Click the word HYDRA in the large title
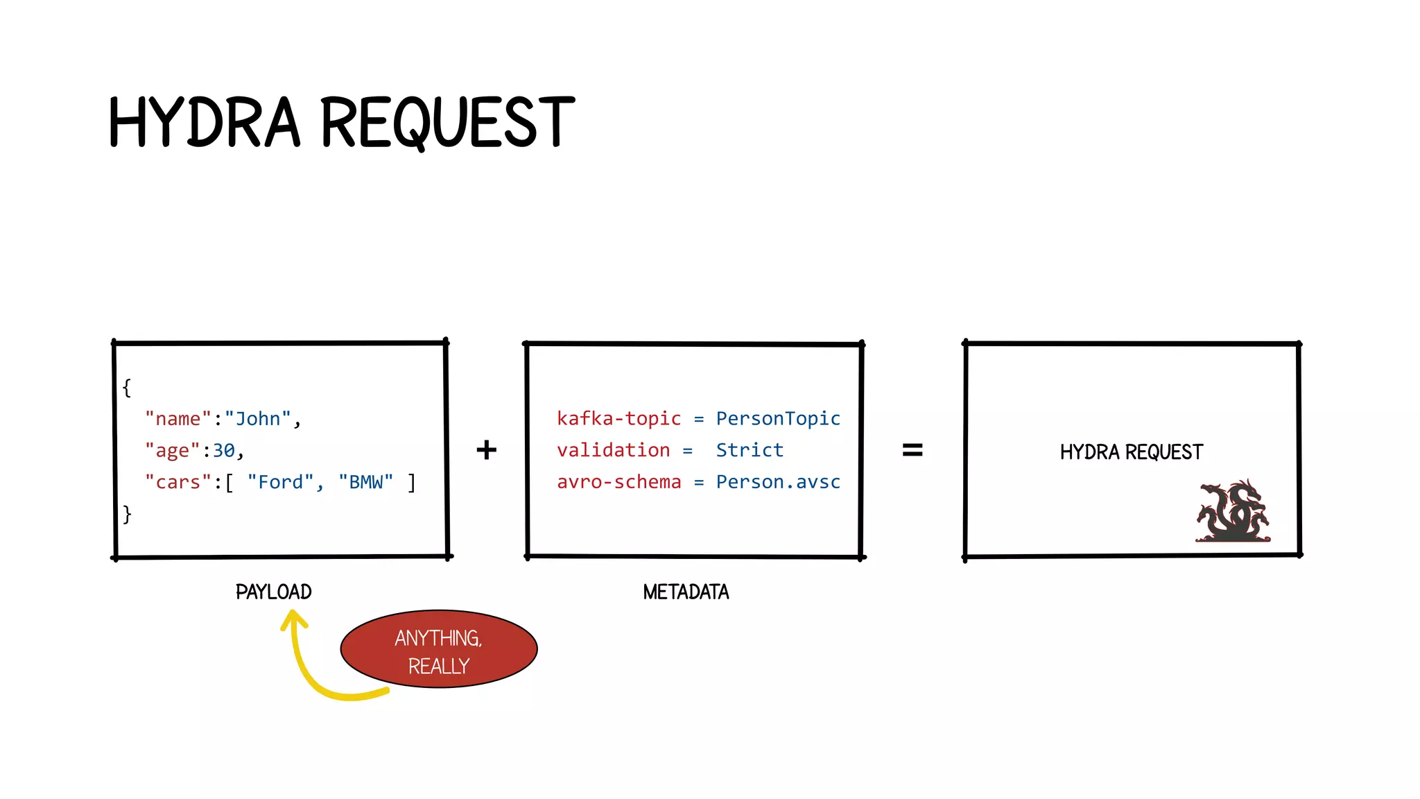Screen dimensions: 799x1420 205,123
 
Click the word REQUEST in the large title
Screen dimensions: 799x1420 447,123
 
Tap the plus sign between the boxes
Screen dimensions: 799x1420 487,450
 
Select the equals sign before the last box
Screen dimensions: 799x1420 912,450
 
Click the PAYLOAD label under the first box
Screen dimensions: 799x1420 274,592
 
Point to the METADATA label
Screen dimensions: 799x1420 686,592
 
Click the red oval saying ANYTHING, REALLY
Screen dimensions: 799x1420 439,650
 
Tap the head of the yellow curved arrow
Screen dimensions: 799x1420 294,619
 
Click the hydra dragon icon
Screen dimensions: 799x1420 1233,512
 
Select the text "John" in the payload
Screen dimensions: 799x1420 258,419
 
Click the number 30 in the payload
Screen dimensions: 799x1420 224,451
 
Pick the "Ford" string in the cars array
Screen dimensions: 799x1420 281,482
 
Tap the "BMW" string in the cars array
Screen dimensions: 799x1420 366,482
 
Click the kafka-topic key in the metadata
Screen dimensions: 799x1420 618,418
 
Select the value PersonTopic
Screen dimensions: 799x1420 778,418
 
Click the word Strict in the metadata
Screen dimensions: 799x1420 750,450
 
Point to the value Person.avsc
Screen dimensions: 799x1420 778,481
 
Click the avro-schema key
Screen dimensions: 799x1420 618,481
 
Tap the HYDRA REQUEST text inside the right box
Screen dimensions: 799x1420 1132,452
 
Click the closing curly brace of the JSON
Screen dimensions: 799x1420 127,514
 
